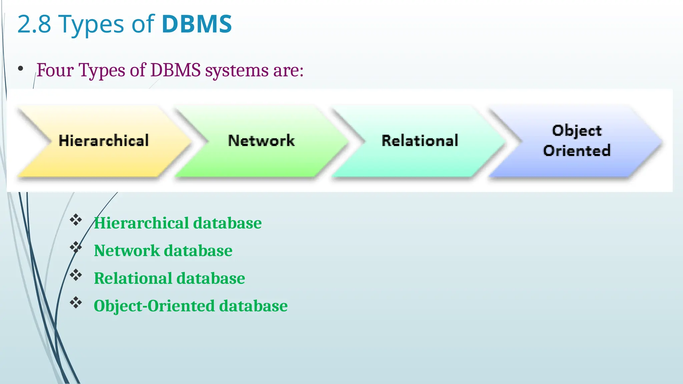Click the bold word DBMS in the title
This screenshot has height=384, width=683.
pos(197,24)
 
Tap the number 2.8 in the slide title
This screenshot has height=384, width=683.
pos(34,25)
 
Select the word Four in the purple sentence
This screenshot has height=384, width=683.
pos(55,70)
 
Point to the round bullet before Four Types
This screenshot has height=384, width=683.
pos(21,69)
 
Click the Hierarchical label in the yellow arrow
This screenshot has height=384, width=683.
pos(104,141)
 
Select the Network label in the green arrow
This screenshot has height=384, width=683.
pos(261,141)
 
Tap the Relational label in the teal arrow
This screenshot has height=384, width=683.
pos(420,141)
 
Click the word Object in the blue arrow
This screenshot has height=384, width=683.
pos(577,131)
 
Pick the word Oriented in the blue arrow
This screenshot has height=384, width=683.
pos(577,151)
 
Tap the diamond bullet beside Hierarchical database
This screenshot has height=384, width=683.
pos(76,220)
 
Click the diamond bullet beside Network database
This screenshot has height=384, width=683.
pos(76,247)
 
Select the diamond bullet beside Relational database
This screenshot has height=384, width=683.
pos(76,275)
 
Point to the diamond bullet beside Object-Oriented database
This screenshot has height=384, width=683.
pos(76,303)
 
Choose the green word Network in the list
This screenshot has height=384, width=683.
pos(127,251)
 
